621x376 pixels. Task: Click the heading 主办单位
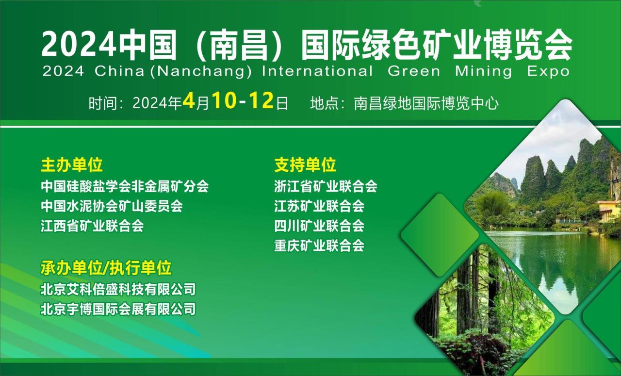[x=72, y=165]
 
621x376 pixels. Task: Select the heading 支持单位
[x=305, y=165]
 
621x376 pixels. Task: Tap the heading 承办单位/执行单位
[x=106, y=268]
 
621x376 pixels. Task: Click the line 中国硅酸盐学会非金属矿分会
[x=125, y=186]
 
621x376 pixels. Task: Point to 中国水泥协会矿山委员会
[x=112, y=206]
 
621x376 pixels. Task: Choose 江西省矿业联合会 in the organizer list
[x=92, y=226]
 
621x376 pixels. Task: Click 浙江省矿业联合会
[x=326, y=186]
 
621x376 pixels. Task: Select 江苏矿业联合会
[x=319, y=206]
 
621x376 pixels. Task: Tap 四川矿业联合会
[x=319, y=226]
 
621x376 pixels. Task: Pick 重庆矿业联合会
[x=319, y=245]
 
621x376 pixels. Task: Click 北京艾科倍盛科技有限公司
[x=118, y=289]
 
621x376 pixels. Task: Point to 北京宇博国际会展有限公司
[x=118, y=309]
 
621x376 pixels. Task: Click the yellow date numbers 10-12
[x=243, y=100]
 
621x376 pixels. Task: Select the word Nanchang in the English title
[x=201, y=71]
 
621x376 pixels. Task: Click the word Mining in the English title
[x=484, y=71]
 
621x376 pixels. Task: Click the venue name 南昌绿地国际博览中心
[x=426, y=104]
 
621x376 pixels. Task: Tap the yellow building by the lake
[x=609, y=211]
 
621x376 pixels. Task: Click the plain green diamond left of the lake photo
[x=440, y=235]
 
